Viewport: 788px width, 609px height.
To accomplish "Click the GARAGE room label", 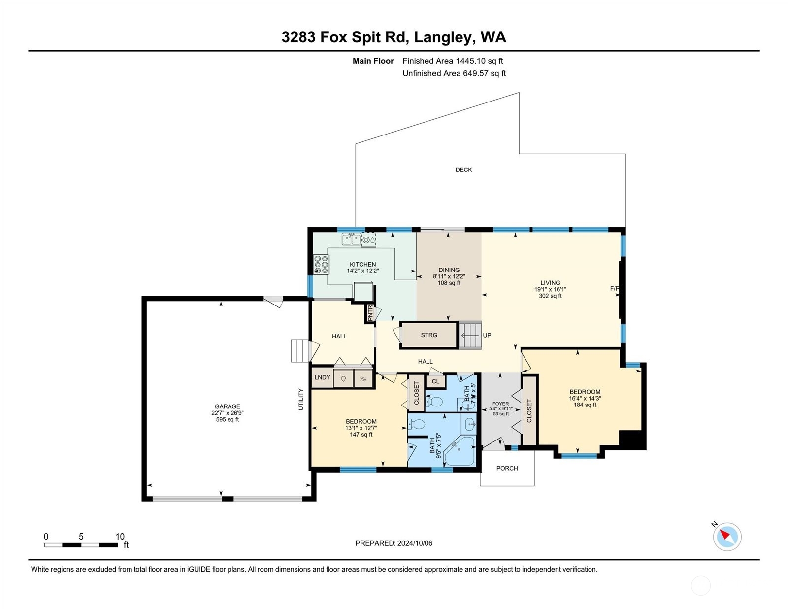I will [227, 406].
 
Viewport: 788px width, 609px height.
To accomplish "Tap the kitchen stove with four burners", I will [321, 264].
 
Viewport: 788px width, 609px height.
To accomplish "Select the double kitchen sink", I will [352, 239].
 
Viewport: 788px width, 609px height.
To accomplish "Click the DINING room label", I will [449, 270].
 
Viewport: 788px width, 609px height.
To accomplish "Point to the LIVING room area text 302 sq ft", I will [550, 296].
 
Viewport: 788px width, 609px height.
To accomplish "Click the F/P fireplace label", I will [614, 288].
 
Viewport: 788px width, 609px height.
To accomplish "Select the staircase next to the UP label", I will [470, 335].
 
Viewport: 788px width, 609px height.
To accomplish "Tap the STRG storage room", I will [428, 335].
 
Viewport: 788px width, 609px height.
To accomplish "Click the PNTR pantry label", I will [370, 313].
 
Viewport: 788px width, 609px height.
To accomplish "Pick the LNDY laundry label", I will [322, 377].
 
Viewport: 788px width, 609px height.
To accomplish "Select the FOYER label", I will [500, 404].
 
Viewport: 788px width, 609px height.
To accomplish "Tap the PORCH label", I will [507, 468].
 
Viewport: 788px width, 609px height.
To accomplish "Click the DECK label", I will [463, 169].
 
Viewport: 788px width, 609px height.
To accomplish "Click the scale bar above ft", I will [81, 545].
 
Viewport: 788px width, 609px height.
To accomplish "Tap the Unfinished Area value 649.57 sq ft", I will [484, 73].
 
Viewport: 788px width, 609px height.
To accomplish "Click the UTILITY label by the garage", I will [301, 399].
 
